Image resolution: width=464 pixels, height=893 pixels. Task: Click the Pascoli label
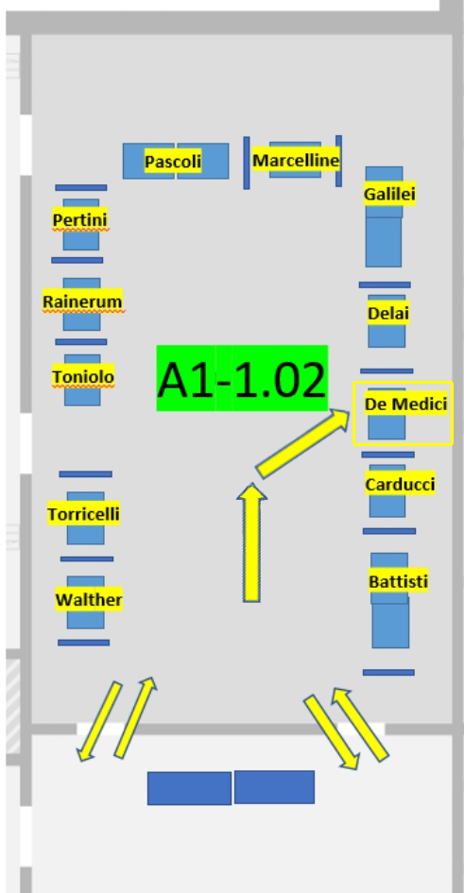click(x=173, y=162)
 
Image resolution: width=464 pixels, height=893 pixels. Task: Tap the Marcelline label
click(x=296, y=161)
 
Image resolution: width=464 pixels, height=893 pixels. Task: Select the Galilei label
click(x=389, y=195)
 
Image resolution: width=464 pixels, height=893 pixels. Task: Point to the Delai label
click(x=388, y=313)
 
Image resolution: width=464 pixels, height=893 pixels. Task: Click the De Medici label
click(x=406, y=404)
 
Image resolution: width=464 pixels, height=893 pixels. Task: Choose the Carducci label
click(x=400, y=485)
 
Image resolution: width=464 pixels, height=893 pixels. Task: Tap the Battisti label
click(x=398, y=582)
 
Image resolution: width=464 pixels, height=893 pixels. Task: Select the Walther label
click(x=89, y=600)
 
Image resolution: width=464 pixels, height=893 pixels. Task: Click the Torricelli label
click(x=84, y=514)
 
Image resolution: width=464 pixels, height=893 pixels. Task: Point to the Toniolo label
click(x=83, y=377)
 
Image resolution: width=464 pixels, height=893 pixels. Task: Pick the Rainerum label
click(x=82, y=301)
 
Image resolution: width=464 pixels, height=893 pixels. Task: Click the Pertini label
click(x=79, y=220)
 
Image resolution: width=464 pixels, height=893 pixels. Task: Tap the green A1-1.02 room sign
click(x=242, y=378)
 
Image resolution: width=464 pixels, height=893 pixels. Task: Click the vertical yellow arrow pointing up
click(x=251, y=542)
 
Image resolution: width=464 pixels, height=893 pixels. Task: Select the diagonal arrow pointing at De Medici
click(x=303, y=443)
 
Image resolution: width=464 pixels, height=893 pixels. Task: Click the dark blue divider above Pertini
click(x=81, y=187)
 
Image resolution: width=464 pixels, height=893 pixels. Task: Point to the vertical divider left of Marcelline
click(x=247, y=163)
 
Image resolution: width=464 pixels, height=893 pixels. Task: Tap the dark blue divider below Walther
click(x=84, y=643)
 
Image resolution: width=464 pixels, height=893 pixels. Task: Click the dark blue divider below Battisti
click(x=388, y=673)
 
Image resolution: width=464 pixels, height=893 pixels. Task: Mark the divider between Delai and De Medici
click(x=387, y=370)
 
